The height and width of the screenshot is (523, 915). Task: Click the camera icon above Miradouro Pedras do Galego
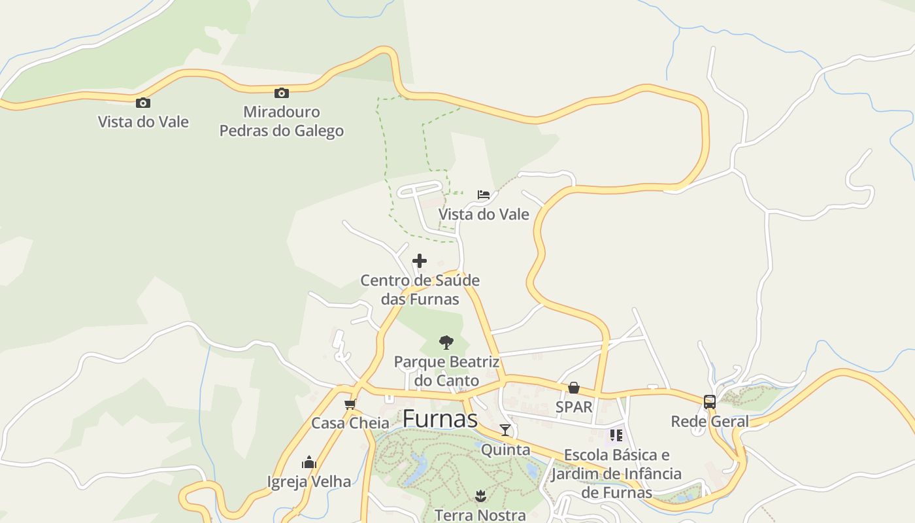coord(282,93)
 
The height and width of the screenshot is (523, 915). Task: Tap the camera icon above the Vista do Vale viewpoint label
coord(143,103)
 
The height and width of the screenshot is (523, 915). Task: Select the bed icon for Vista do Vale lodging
coord(484,195)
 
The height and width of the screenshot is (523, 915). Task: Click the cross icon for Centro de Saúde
coord(420,261)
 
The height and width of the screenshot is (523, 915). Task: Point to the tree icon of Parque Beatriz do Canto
coord(446,342)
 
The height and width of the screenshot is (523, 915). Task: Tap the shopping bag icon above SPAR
coord(573,388)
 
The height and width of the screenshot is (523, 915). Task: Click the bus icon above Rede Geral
coord(710,402)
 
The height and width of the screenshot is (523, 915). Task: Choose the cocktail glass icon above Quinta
coord(505,430)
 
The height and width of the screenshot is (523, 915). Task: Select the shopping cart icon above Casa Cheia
coord(350,404)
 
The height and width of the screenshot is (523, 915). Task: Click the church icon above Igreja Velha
coord(309,462)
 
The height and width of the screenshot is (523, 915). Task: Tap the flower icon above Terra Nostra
coord(480,496)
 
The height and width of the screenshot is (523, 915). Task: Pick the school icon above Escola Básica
coord(616,435)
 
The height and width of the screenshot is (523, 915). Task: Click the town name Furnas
coord(440,419)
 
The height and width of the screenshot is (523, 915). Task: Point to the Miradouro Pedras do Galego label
coord(282,121)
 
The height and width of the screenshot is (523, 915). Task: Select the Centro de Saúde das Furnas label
coord(420,290)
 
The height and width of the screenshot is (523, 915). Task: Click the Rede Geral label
coord(710,422)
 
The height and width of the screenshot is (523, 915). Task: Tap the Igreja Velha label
coord(309,482)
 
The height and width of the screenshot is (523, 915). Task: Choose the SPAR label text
coord(573,407)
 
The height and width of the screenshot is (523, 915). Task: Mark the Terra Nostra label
coord(480,515)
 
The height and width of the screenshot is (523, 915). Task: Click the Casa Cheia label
coord(350,423)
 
